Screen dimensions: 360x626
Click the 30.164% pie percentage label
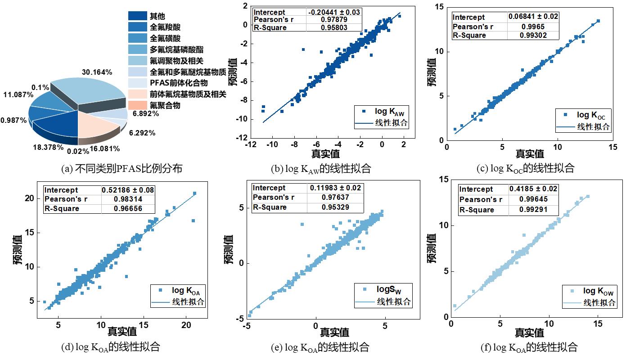tap(97, 72)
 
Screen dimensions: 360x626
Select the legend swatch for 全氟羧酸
tap(137, 27)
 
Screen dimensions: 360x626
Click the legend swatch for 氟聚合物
tap(137, 105)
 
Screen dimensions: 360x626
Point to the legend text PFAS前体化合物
tap(177, 83)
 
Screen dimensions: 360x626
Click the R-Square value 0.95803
tap(333, 28)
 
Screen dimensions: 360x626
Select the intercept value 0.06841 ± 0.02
tap(533, 17)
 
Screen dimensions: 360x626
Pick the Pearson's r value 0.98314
tap(128, 199)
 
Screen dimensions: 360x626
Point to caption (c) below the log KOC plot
tap(526, 168)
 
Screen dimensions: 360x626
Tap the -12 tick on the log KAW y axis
tap(242, 137)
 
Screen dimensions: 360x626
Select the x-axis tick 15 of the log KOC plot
tap(612, 147)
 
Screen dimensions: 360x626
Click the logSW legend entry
tap(387, 289)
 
